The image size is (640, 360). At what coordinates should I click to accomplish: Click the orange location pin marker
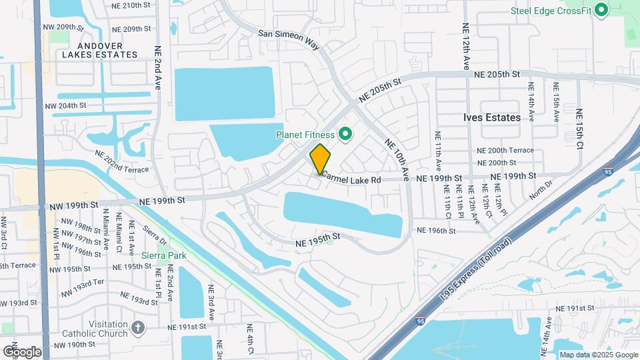[x=320, y=159]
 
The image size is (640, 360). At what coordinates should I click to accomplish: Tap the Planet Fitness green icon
[x=345, y=135]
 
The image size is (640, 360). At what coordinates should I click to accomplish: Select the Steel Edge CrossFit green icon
[x=601, y=10]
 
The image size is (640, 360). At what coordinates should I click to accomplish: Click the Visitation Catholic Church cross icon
[x=138, y=327]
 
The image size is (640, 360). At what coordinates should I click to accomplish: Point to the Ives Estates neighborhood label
[x=492, y=117]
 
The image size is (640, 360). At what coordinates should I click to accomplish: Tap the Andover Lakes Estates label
[x=99, y=50]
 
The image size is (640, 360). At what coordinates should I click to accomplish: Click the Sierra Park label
[x=163, y=255]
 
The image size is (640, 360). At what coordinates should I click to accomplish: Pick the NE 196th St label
[x=436, y=231]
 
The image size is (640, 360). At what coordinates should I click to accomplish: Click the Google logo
[x=21, y=351]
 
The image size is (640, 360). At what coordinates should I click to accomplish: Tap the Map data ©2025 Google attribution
[x=597, y=355]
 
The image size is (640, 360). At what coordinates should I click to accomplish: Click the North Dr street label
[x=541, y=189]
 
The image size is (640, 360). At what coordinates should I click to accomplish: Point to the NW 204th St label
[x=65, y=105]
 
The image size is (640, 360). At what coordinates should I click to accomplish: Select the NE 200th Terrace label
[x=505, y=150]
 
